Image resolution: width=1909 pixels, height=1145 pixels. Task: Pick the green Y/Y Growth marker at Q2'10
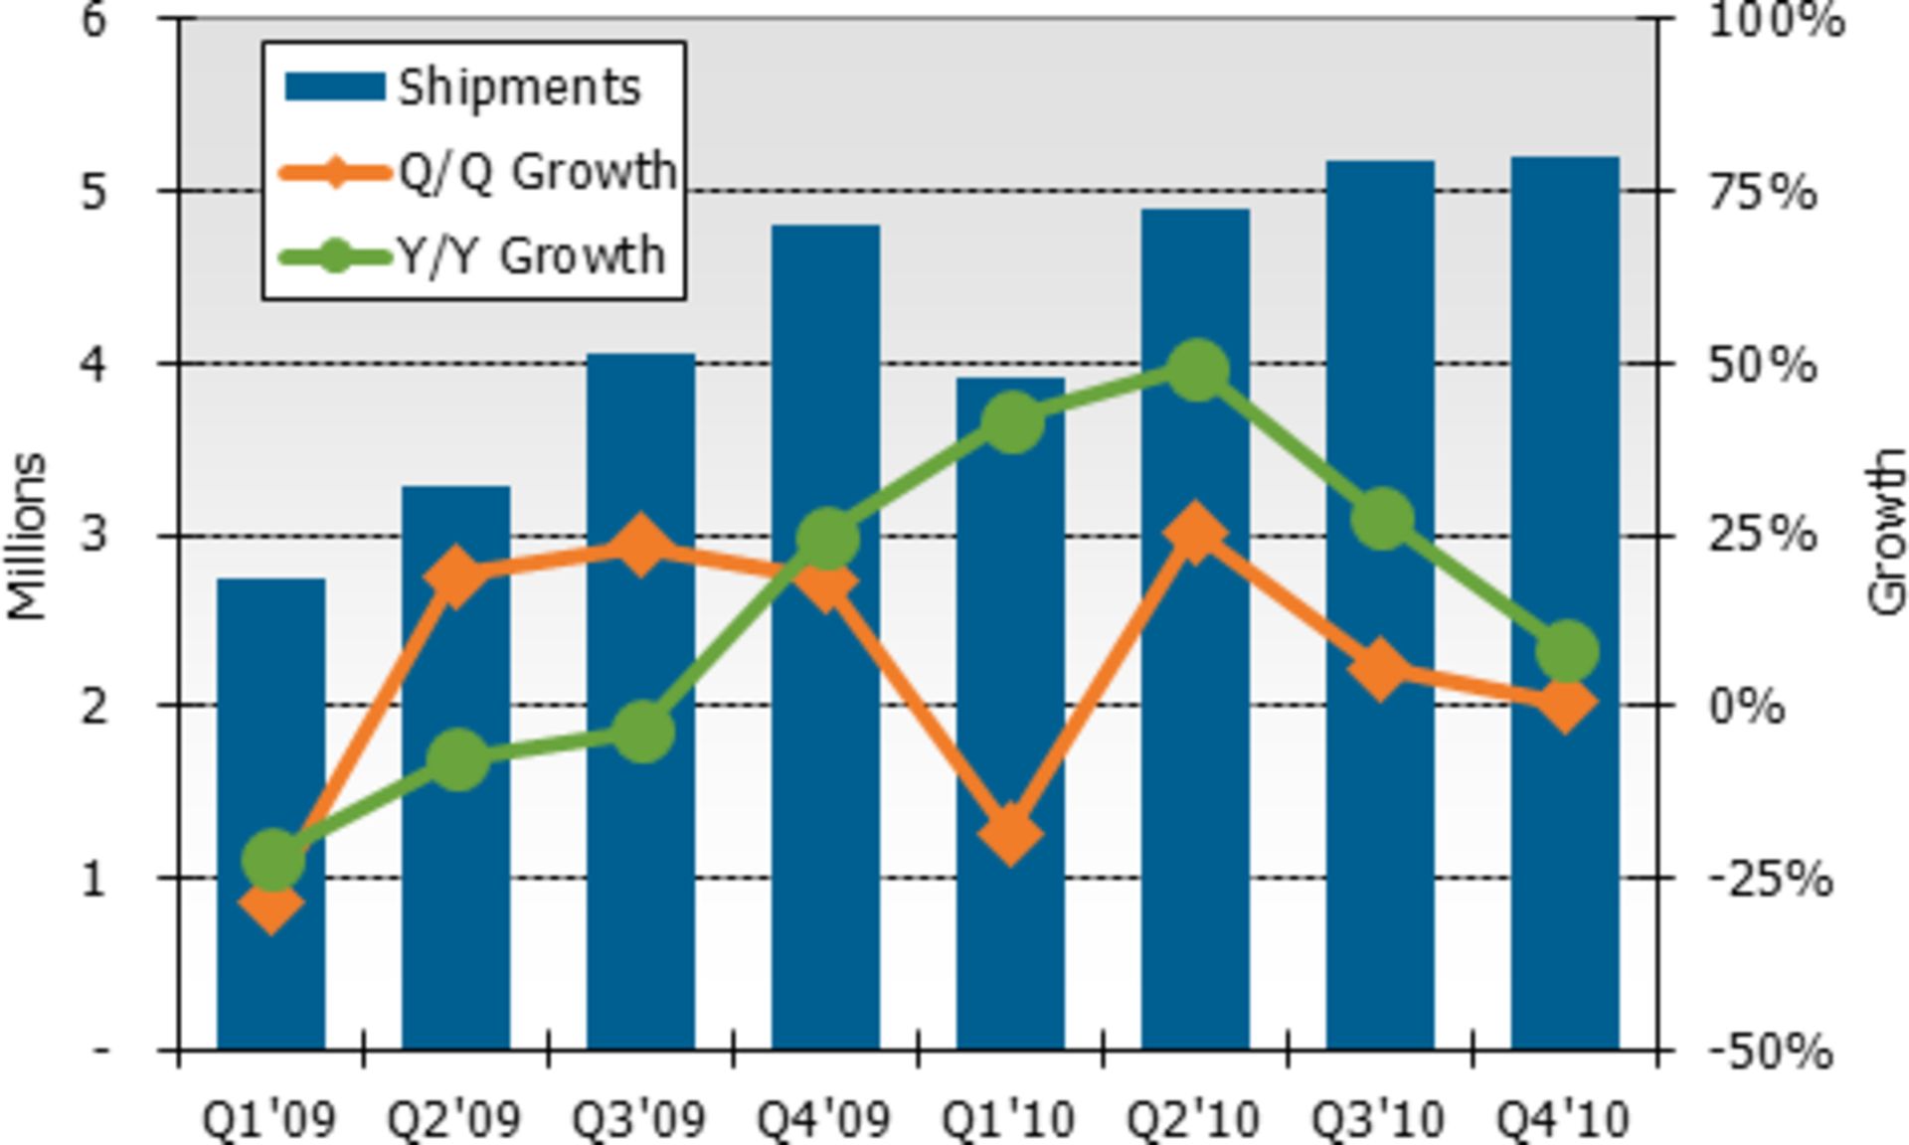(x=1196, y=371)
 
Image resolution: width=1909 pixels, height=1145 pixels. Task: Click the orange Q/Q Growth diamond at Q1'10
(x=1010, y=833)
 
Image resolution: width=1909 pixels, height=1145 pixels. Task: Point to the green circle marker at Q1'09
(x=271, y=858)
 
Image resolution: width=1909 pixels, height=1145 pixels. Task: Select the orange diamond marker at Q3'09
(x=640, y=546)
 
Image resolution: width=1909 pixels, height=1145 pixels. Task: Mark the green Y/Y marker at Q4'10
(x=1566, y=651)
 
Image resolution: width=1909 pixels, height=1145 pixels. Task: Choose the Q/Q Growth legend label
(x=537, y=172)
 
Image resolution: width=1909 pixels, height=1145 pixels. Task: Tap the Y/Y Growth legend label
(x=531, y=256)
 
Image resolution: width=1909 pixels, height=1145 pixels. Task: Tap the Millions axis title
(x=28, y=537)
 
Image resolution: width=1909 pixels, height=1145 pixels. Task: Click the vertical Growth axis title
(x=1885, y=532)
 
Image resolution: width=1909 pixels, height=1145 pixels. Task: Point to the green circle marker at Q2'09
(x=456, y=759)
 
